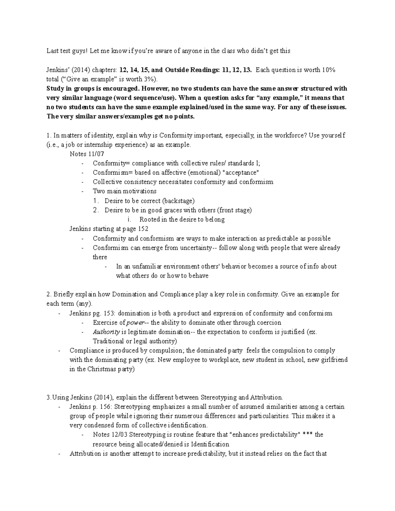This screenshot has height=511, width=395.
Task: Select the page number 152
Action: [x=143, y=229]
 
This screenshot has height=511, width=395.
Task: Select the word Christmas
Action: [x=102, y=369]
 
